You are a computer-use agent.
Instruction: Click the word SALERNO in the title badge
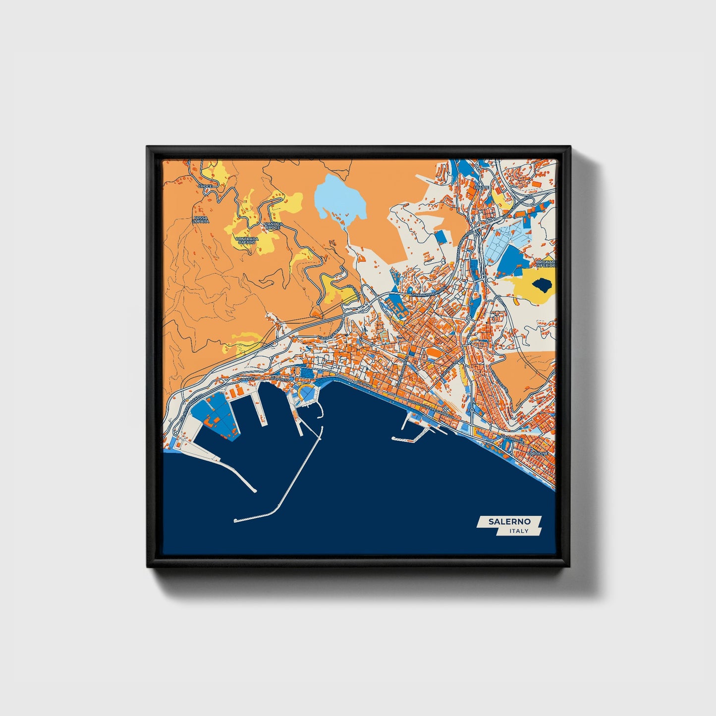(x=509, y=522)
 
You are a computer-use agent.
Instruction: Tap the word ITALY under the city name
(x=519, y=531)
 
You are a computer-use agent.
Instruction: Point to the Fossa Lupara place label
(x=201, y=219)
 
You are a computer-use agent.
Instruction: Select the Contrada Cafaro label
(x=246, y=240)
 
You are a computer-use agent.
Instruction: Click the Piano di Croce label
(x=273, y=225)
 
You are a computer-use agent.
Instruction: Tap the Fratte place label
(x=481, y=187)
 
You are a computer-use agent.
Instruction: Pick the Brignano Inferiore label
(x=546, y=263)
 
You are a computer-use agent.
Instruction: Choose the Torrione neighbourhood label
(x=538, y=453)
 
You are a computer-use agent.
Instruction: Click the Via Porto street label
(x=279, y=379)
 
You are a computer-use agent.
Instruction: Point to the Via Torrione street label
(x=510, y=439)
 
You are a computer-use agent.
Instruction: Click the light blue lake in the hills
(x=339, y=198)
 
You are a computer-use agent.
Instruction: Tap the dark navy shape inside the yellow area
(x=541, y=285)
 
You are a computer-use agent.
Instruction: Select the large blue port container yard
(x=213, y=411)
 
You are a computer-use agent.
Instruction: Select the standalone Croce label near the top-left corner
(x=205, y=186)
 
